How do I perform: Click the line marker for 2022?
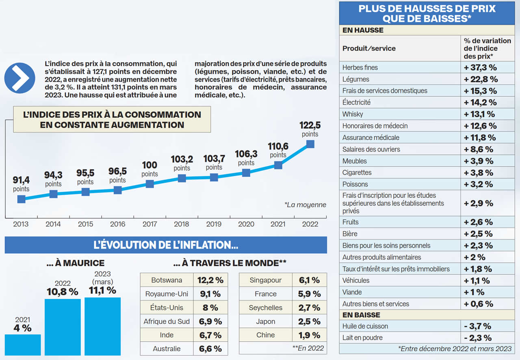[x=310, y=144]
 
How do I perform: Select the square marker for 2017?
[x=149, y=184]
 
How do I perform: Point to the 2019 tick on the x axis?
[x=214, y=224]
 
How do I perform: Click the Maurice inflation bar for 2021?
[x=23, y=345]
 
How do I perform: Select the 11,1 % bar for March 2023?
[x=102, y=326]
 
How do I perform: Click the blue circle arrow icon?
[x=19, y=78]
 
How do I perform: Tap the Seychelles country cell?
[x=265, y=308]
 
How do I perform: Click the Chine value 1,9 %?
[x=309, y=335]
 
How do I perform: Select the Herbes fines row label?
[x=360, y=67]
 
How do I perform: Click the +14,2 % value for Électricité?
[x=480, y=102]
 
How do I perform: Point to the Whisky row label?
[x=353, y=114]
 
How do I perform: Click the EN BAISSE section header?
[x=361, y=315]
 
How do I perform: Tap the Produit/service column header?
[x=369, y=48]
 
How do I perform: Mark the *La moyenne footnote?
[x=305, y=205]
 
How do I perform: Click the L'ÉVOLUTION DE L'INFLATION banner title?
[x=166, y=245]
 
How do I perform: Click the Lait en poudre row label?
[x=362, y=338]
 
